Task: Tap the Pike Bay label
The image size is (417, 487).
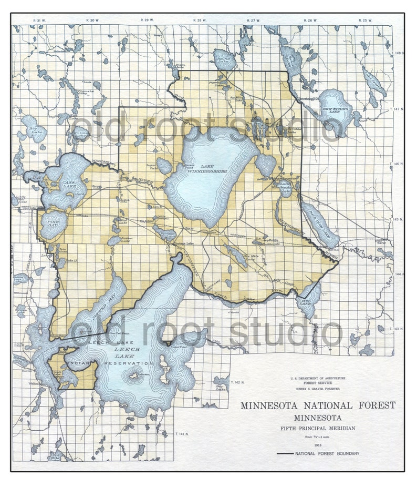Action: [x=53, y=224]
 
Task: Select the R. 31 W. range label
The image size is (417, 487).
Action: [x=38, y=20]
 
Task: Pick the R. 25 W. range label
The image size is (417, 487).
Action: [x=364, y=20]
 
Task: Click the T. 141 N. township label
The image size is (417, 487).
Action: [x=182, y=434]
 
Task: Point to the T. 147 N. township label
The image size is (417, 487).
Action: [x=398, y=109]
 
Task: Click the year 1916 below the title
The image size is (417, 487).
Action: [x=318, y=445]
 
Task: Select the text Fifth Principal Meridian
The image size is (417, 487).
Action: [x=318, y=428]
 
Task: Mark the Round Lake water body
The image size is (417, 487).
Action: [x=225, y=59]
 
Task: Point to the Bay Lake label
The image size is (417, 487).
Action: [x=220, y=388]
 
